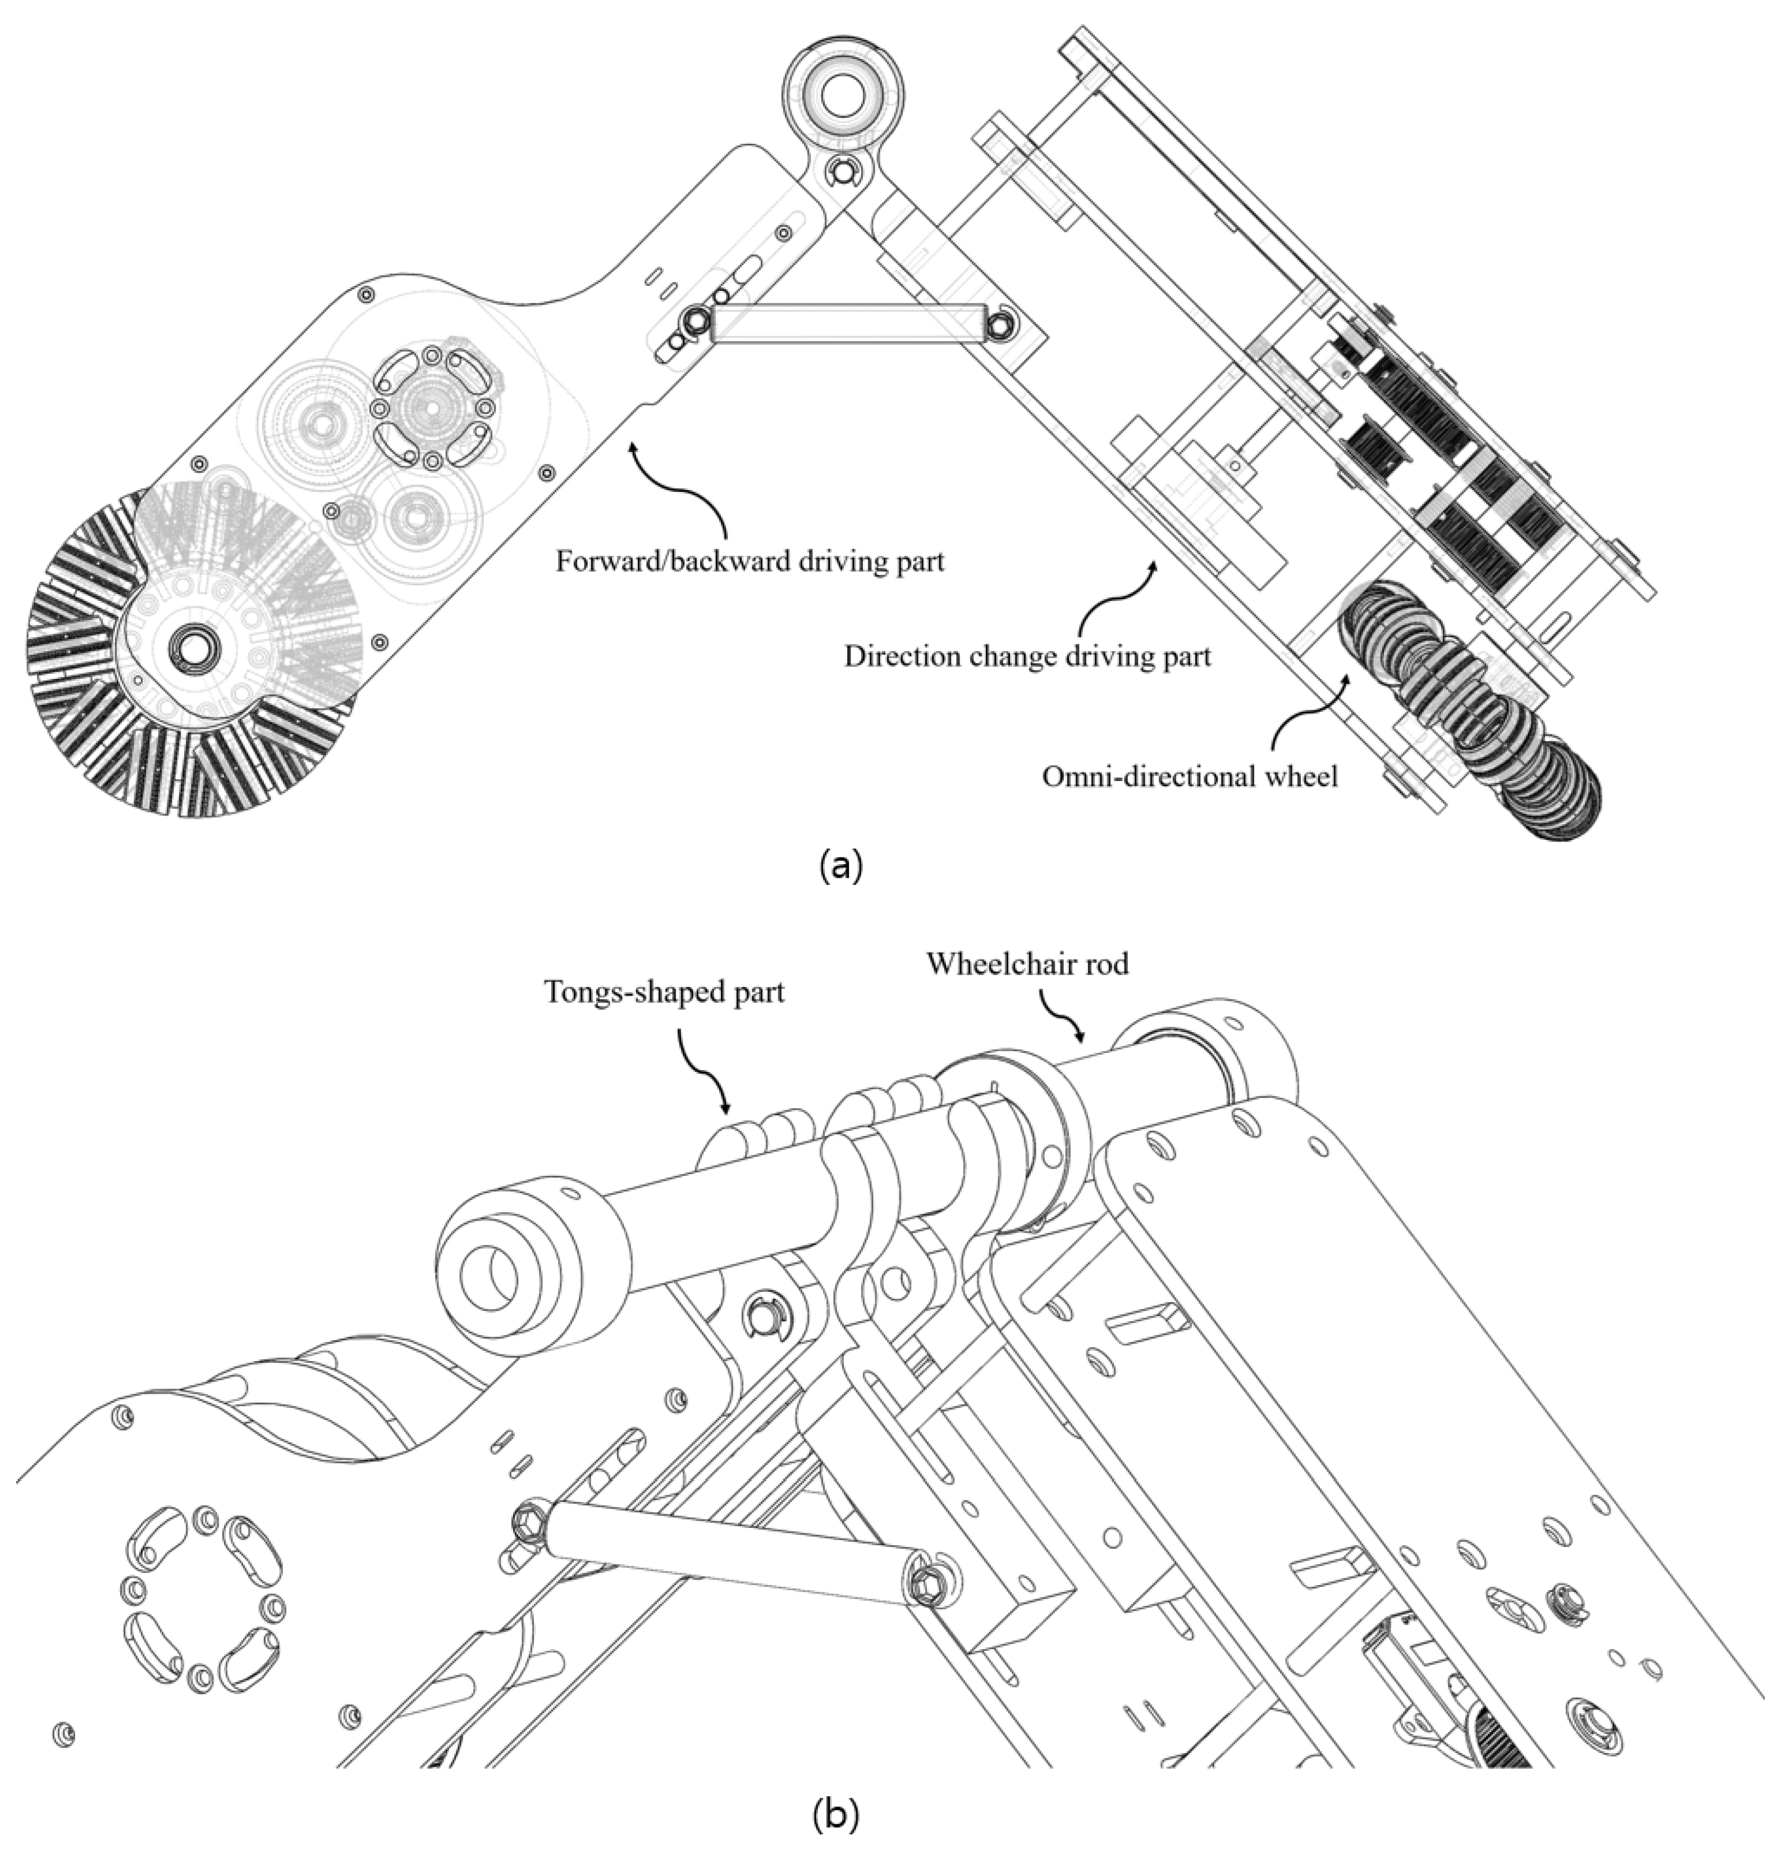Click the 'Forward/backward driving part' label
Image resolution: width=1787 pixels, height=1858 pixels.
pyautogui.click(x=749, y=561)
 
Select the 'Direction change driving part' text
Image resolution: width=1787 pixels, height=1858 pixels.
pyautogui.click(x=1027, y=656)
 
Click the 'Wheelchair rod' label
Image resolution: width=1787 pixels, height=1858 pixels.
pyautogui.click(x=1027, y=964)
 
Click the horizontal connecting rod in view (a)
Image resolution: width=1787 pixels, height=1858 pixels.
pyautogui.click(x=847, y=322)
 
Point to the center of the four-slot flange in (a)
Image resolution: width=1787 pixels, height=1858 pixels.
pyautogui.click(x=431, y=408)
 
